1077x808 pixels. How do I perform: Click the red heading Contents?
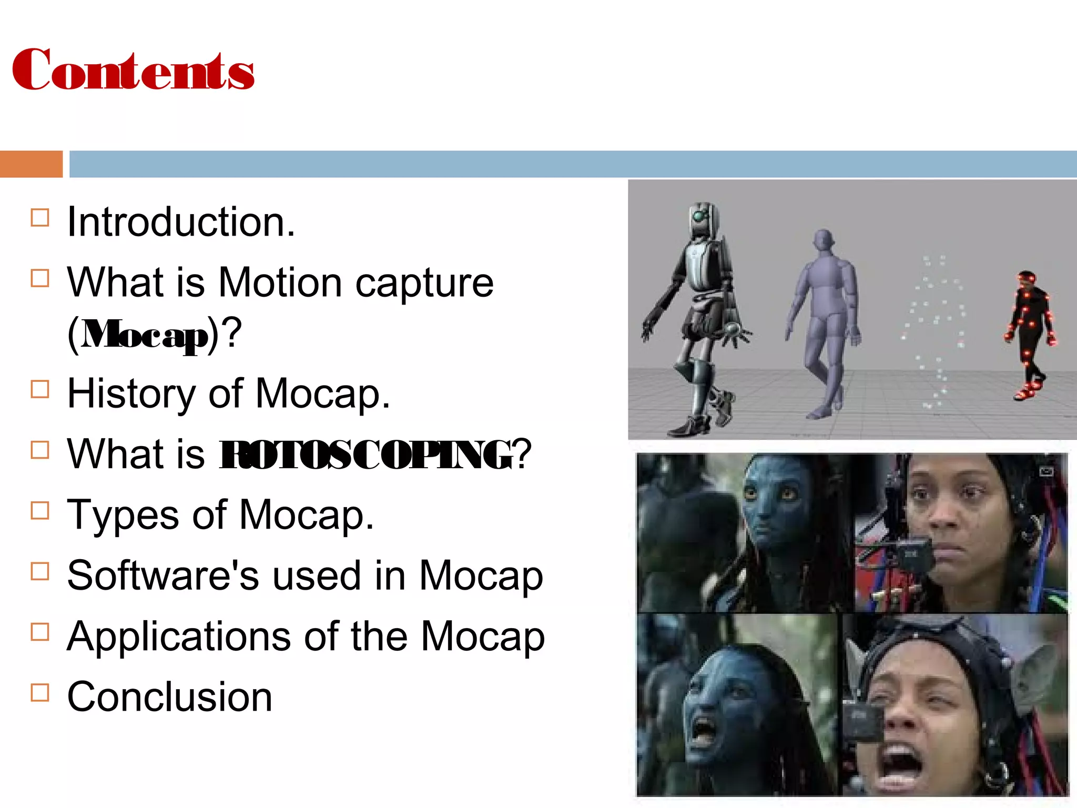click(x=133, y=70)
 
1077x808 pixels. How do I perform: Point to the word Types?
click(x=123, y=516)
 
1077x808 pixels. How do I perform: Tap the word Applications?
click(x=179, y=637)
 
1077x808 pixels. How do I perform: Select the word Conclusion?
click(x=169, y=697)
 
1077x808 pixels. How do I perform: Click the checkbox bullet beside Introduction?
click(x=40, y=218)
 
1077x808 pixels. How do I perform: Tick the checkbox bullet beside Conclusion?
click(x=40, y=693)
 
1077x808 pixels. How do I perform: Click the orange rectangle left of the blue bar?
click(x=31, y=164)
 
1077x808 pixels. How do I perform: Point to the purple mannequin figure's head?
click(x=823, y=241)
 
